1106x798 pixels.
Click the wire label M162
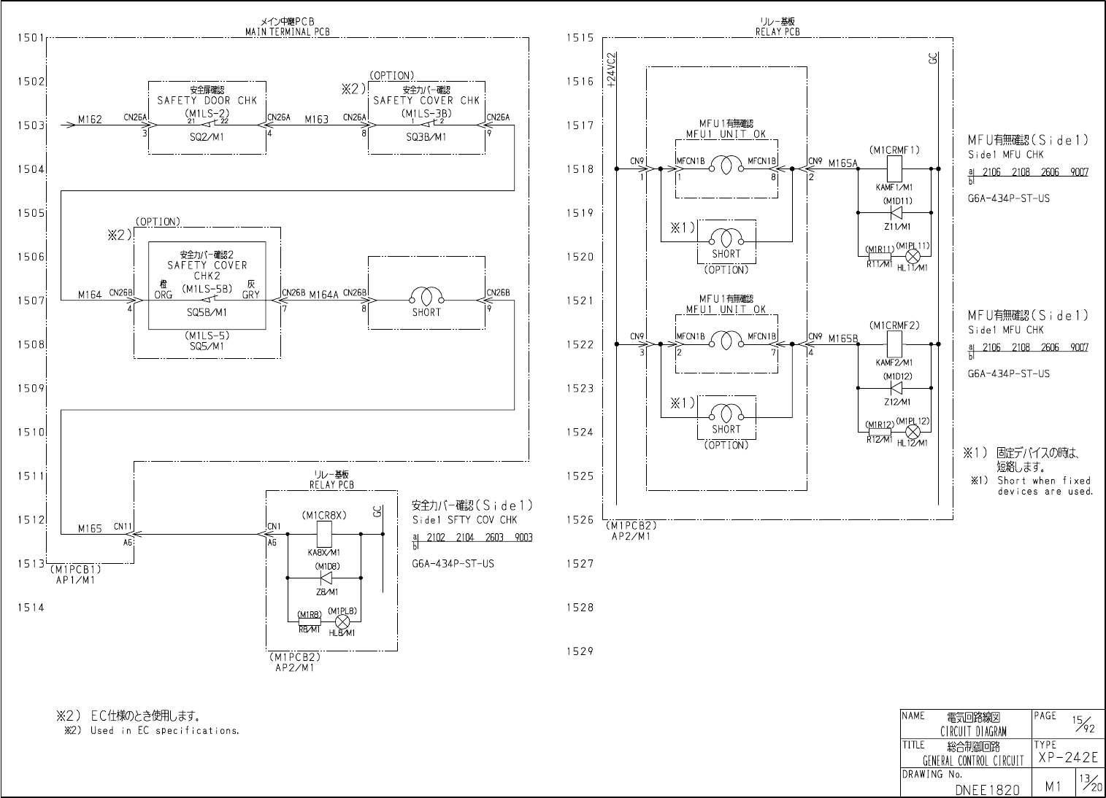(90, 119)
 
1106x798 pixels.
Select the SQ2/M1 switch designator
(207, 136)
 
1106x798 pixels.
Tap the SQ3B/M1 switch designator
(426, 136)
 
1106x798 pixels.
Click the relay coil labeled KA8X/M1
(324, 534)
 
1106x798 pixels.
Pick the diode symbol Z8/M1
(326, 578)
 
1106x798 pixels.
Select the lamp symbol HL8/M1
(342, 621)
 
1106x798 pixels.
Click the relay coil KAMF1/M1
(894, 169)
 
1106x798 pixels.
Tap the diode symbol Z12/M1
(896, 388)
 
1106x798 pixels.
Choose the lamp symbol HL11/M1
(912, 256)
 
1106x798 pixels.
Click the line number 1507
(31, 301)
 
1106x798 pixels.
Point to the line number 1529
(580, 651)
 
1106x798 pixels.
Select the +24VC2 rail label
(611, 70)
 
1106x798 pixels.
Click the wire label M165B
(843, 338)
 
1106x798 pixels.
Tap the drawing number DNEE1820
(988, 789)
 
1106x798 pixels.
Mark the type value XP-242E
(1067, 759)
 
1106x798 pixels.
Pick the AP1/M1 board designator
(75, 581)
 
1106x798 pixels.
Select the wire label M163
(316, 119)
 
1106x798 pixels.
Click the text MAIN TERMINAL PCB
(287, 32)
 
